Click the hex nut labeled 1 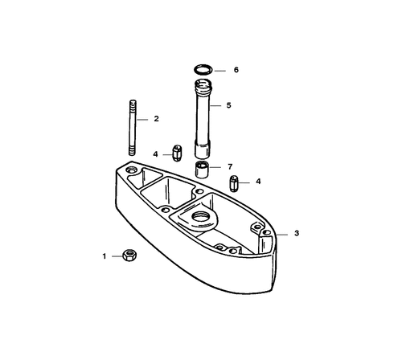[129, 256]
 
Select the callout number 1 [105, 256]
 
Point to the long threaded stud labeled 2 [133, 128]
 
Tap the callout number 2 [157, 119]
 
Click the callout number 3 [297, 233]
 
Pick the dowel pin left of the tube [177, 153]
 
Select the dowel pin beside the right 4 [234, 183]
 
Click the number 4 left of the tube [155, 154]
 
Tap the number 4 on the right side [258, 182]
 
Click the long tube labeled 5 [203, 118]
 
